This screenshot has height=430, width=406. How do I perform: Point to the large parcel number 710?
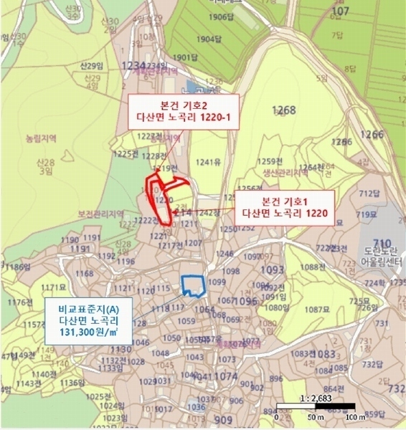pos(380,242)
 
